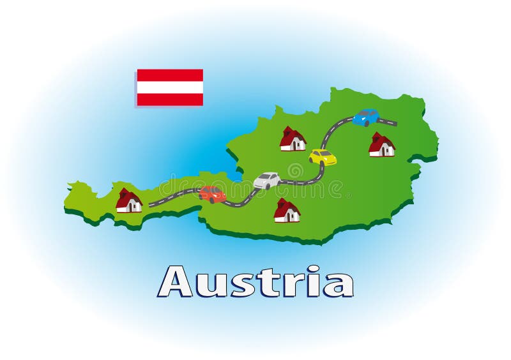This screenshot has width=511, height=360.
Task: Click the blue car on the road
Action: [x=366, y=117]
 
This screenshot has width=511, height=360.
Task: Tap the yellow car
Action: [x=323, y=157]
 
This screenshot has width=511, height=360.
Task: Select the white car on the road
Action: [x=267, y=180]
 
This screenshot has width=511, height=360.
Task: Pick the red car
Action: [x=212, y=194]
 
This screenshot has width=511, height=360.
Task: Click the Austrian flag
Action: [x=170, y=87]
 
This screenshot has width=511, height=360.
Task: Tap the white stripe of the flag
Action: [x=170, y=87]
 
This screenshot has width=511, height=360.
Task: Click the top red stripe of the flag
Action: [x=170, y=75]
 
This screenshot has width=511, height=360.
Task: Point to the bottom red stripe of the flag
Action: [x=170, y=100]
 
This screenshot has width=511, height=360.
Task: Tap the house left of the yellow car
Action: [x=293, y=139]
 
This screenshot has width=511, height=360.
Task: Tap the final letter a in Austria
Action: [x=337, y=285]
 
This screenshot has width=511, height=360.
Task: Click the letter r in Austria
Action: [x=295, y=285]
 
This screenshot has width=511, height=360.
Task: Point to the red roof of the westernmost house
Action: [x=126, y=195]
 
